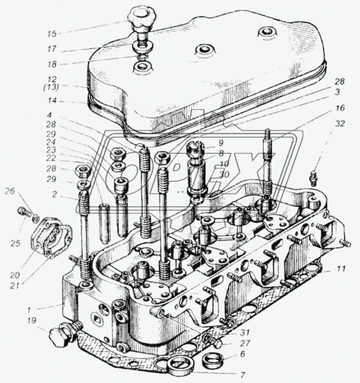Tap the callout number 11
(x=343, y=270)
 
